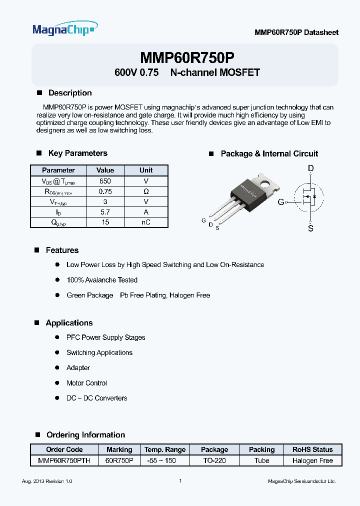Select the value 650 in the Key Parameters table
point(105,181)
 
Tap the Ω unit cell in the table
point(146,191)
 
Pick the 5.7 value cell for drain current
point(105,212)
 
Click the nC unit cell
point(146,222)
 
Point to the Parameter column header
point(58,170)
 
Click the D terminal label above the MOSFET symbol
point(310,168)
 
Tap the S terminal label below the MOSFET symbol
point(310,228)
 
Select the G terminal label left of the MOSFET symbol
point(281,202)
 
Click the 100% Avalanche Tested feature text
point(102,280)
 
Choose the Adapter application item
point(78,367)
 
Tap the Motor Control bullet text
point(86,383)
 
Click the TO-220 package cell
point(214,460)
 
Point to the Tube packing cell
point(261,460)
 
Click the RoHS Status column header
point(312,449)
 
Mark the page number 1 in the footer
point(180,481)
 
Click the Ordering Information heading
point(85,434)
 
